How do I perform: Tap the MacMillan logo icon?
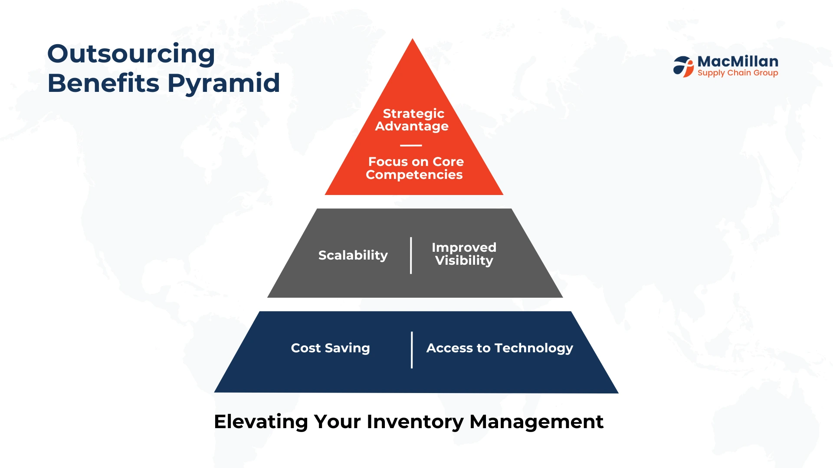click(x=684, y=67)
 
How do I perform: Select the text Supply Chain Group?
click(x=738, y=73)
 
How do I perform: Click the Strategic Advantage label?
click(x=412, y=120)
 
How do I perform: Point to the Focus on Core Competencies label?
click(x=415, y=168)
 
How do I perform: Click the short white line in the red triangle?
click(x=411, y=146)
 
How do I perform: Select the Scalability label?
click(x=353, y=255)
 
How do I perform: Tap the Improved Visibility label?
click(x=464, y=254)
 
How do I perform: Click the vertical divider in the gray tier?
click(x=411, y=256)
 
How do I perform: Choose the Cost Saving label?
click(x=330, y=348)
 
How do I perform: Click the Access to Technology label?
click(x=500, y=348)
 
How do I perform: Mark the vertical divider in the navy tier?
click(x=412, y=350)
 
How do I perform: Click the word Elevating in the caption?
click(x=261, y=422)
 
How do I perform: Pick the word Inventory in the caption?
click(x=415, y=422)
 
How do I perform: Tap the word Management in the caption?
click(x=537, y=422)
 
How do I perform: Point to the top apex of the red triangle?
click(x=413, y=39)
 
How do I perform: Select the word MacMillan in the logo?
click(x=738, y=62)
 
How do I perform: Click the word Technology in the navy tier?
click(x=534, y=348)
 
